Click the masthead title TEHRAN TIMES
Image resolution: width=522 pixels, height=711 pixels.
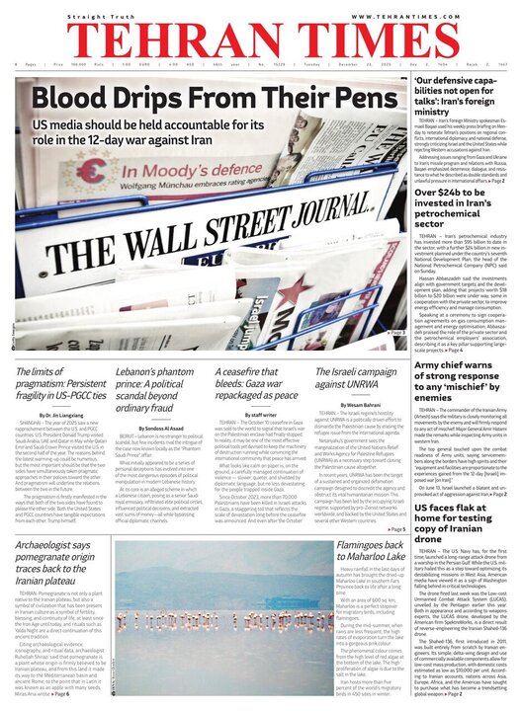coord(260,40)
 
